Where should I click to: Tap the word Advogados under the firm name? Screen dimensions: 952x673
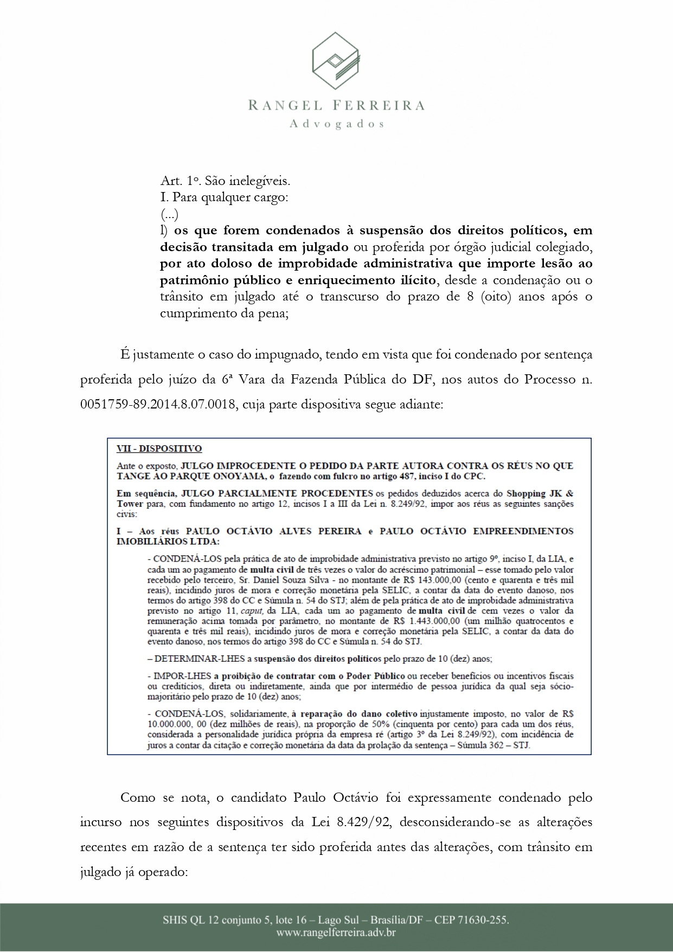(x=337, y=124)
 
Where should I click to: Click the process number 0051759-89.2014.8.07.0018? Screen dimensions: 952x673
(x=158, y=404)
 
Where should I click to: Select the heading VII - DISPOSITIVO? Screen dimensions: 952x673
(x=159, y=449)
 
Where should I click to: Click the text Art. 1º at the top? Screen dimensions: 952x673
(x=176, y=181)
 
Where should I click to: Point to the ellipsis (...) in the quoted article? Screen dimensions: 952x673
(x=169, y=214)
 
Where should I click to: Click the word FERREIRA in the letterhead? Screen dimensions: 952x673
(x=379, y=105)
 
